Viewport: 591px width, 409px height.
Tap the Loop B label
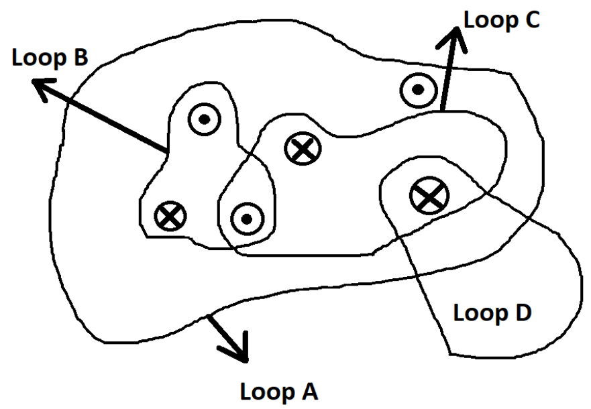(50, 59)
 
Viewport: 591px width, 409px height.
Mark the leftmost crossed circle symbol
(170, 216)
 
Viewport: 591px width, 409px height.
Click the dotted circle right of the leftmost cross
(246, 218)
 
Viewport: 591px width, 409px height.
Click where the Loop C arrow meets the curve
(442, 111)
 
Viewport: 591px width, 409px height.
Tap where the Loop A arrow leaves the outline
(210, 315)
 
